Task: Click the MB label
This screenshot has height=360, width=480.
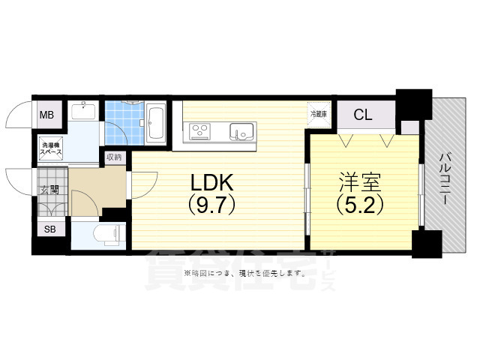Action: tap(47, 115)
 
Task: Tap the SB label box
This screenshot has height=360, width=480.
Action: tap(50, 229)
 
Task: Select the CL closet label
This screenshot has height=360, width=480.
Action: tap(363, 115)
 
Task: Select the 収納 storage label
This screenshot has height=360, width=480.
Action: tap(113, 157)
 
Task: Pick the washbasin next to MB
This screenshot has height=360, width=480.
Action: tap(82, 113)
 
